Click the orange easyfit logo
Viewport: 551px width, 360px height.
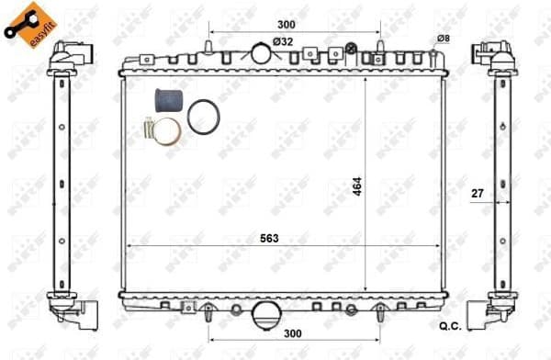pyautogui.click(x=25, y=24)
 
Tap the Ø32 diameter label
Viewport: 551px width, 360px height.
pyautogui.click(x=282, y=41)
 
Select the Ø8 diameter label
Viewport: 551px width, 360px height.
pyautogui.click(x=443, y=38)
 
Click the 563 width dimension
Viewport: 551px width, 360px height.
pyautogui.click(x=267, y=237)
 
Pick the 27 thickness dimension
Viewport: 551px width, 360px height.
pyautogui.click(x=477, y=194)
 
